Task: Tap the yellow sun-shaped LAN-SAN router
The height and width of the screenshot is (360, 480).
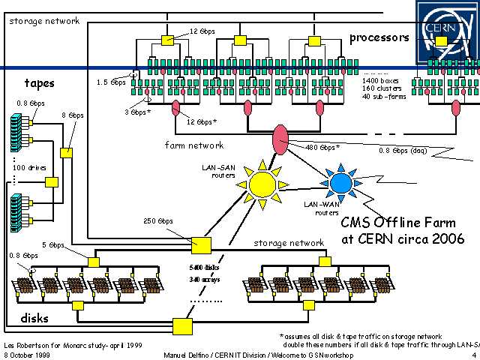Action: [262, 183]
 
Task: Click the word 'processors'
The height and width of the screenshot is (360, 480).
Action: [379, 37]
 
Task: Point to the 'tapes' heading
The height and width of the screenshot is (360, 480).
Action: [39, 82]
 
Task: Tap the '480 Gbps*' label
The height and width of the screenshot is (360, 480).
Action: [322, 147]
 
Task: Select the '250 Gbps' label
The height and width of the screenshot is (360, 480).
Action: [159, 221]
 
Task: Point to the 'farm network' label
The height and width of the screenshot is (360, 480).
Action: [193, 145]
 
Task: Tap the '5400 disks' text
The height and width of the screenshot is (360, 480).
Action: [202, 267]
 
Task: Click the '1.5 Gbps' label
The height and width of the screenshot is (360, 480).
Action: [112, 82]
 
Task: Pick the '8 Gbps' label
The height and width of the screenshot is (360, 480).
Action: [72, 115]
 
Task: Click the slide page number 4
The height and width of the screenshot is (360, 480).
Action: [473, 355]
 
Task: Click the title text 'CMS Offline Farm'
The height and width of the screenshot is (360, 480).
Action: [394, 223]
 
